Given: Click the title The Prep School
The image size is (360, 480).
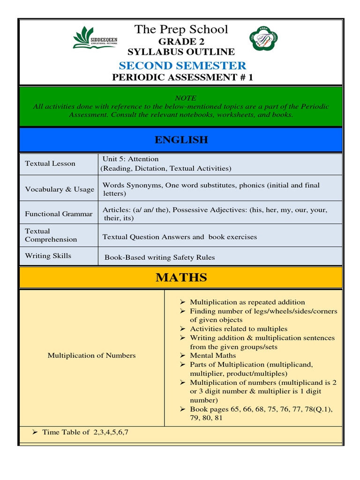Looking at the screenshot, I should point(181,30).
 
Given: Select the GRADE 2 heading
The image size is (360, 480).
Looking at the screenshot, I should point(181,42).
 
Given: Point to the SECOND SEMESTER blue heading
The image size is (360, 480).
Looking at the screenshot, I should point(182,66).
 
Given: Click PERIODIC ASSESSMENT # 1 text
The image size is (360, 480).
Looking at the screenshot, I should point(182,78).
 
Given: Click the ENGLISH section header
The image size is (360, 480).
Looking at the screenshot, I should point(181,140).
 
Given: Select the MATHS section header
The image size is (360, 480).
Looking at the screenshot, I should point(181,277).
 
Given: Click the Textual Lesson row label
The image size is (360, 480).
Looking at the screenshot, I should point(50,164).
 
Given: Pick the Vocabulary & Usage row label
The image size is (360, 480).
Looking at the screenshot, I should point(60,189).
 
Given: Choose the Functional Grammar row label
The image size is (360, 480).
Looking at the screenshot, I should point(59,214).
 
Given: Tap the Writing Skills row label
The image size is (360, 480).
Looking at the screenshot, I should point(48,256).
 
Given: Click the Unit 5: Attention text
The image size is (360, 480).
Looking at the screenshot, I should point(130,159).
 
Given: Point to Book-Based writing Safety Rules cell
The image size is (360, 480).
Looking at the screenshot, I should point(159,257).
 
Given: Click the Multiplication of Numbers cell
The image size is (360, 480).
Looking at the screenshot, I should point(91,355).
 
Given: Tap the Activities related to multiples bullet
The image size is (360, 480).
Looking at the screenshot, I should point(238,329).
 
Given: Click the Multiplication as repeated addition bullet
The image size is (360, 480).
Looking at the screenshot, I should point(247,302).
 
